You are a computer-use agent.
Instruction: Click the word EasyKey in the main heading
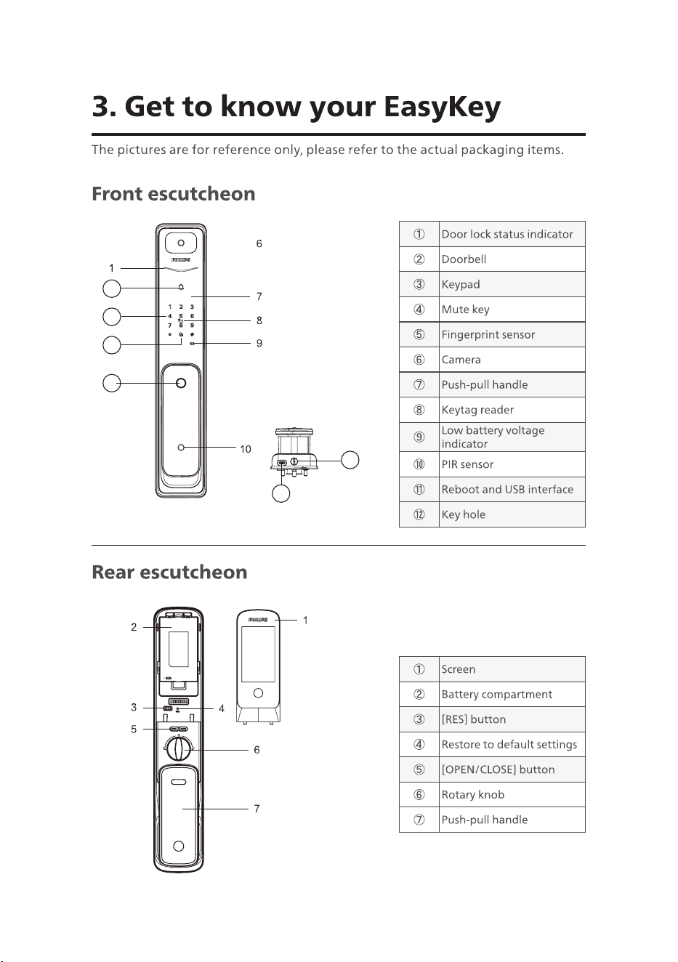442,107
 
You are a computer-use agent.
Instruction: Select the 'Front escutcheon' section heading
174,194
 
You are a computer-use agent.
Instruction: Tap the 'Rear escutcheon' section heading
170,572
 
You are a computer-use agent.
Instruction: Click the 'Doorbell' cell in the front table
512,259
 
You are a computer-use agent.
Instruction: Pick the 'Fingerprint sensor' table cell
512,334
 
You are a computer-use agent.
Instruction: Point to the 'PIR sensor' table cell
512,464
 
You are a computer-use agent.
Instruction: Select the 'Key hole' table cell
512,514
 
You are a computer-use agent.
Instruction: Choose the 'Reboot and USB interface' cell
512,489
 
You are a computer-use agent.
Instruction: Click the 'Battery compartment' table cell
512,695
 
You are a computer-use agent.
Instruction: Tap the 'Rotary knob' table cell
512,794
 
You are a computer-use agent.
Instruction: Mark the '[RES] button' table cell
512,719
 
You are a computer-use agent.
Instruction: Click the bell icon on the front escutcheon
181,287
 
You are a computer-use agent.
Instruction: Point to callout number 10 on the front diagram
246,449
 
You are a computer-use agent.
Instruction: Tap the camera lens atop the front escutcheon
181,243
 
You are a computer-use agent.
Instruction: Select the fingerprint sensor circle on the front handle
181,383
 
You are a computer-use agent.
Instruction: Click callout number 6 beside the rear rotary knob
257,750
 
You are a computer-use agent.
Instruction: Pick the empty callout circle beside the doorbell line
112,288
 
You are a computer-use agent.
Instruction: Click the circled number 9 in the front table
419,437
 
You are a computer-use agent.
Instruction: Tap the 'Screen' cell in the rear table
512,669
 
